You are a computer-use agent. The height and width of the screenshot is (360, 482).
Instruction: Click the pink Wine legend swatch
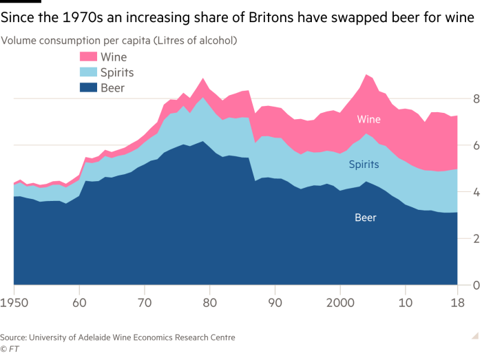click(x=88, y=57)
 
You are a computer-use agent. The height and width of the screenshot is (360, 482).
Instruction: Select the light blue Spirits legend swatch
click(x=88, y=72)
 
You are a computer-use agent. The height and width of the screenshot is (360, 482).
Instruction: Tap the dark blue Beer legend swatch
click(x=88, y=87)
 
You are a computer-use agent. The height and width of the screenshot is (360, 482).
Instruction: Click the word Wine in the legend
click(x=114, y=57)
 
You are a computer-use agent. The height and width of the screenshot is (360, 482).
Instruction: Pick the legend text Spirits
click(x=117, y=72)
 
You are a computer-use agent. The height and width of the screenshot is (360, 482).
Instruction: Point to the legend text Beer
click(x=112, y=87)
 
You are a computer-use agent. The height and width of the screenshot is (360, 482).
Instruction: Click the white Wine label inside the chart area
click(x=368, y=120)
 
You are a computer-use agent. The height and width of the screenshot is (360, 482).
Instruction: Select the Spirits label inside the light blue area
click(x=364, y=165)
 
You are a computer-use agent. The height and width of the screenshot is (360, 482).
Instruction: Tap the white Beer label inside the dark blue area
click(x=365, y=218)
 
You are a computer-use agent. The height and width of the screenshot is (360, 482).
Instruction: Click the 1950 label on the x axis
click(x=14, y=302)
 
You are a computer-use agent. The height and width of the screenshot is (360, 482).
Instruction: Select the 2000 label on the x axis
click(x=340, y=302)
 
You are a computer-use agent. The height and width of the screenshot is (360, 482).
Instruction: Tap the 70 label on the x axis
click(x=144, y=302)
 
